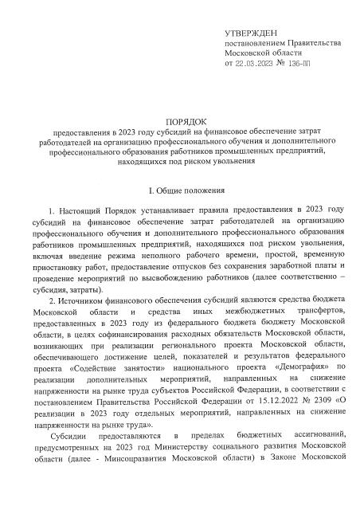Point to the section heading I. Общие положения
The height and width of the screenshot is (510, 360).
tap(179, 191)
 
